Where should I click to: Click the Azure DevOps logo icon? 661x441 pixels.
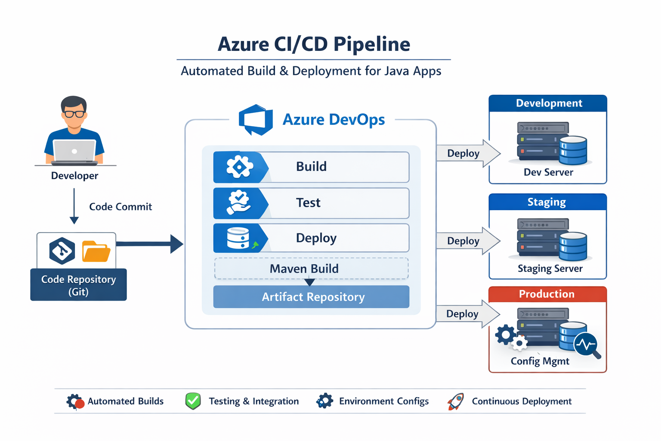[x=256, y=120]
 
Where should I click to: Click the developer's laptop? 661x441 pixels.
[x=74, y=152]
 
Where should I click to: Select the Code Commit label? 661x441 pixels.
[x=120, y=207]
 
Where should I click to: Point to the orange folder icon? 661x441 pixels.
[x=96, y=251]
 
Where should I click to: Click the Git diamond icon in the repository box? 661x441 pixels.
[x=62, y=250]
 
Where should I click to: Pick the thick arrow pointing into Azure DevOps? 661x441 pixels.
[x=151, y=244]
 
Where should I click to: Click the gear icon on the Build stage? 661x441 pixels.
[x=239, y=167]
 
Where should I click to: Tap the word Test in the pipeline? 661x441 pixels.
[x=308, y=202]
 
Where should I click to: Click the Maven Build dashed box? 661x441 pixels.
[x=311, y=269]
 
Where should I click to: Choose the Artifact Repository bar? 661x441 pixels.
[x=311, y=297]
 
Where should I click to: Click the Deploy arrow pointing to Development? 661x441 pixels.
[x=467, y=153]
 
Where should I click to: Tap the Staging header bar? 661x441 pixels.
[x=547, y=202]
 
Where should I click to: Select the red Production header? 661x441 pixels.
[x=547, y=294]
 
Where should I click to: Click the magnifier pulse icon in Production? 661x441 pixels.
[x=587, y=345]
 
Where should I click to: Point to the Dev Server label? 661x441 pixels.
[x=548, y=172]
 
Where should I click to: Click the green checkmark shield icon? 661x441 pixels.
[x=193, y=401]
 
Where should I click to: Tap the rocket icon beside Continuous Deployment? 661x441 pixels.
[x=456, y=401]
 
